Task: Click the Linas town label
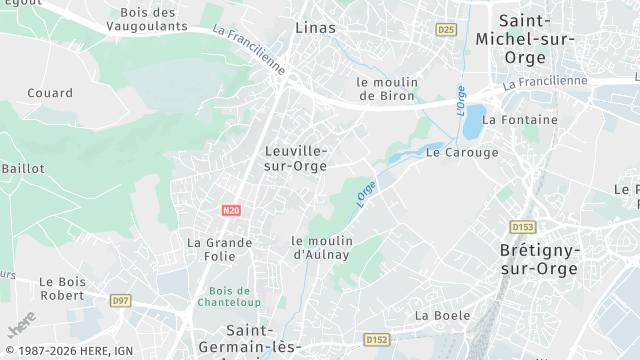pyautogui.click(x=316, y=28)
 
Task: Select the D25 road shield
pyautogui.click(x=446, y=31)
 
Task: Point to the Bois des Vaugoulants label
pyautogui.click(x=154, y=19)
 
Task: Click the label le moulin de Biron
pyautogui.click(x=387, y=89)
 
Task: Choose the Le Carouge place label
pyautogui.click(x=462, y=153)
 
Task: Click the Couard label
pyautogui.click(x=50, y=93)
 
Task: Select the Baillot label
pyautogui.click(x=23, y=169)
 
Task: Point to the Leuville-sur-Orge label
pyautogui.click(x=296, y=158)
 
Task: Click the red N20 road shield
pyautogui.click(x=231, y=210)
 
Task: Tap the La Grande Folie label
pyautogui.click(x=220, y=250)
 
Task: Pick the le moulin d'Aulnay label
pyautogui.click(x=321, y=247)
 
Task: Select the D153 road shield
pyautogui.click(x=522, y=227)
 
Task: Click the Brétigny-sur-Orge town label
pyautogui.click(x=539, y=260)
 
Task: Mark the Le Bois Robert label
pyautogui.click(x=62, y=289)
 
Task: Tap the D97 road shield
pyautogui.click(x=121, y=301)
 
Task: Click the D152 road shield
pyautogui.click(x=376, y=340)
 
